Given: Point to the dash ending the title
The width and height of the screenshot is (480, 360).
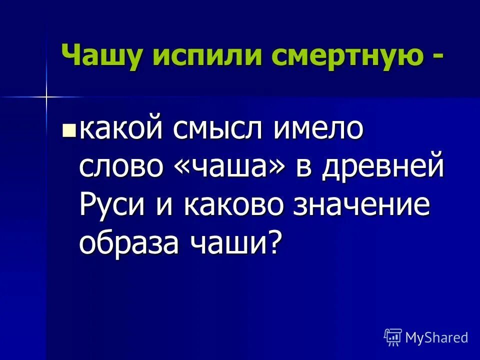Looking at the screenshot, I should coord(437,56).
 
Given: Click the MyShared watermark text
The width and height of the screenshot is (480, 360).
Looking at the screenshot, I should coord(436,337).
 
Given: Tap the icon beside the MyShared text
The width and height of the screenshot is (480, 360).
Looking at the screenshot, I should coord(393,337).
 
